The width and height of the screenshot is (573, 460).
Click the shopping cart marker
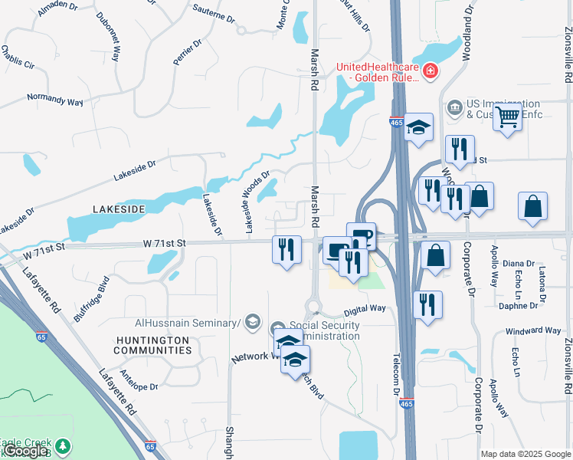pos(507,118)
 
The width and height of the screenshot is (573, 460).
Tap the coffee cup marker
pos(361,236)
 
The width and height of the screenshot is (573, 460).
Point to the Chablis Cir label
pos(18,58)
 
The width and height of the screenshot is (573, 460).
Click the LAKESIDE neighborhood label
pos(118,209)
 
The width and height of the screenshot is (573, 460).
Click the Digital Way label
pos(365,310)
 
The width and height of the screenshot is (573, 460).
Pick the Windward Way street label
pos(532,331)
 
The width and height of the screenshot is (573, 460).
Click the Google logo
pos(25,451)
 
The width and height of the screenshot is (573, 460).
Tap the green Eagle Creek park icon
pos(62,445)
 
